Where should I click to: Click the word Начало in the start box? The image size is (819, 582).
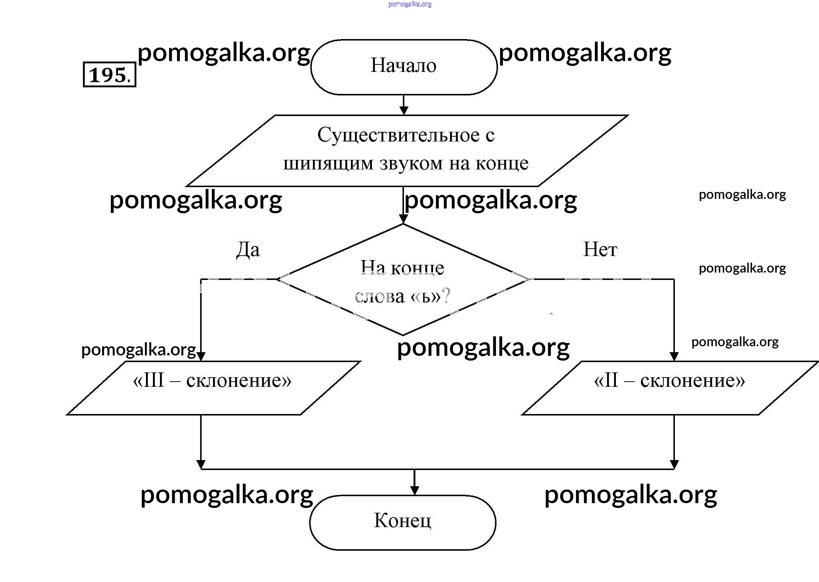[x=403, y=66]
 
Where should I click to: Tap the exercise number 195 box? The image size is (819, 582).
[x=109, y=75]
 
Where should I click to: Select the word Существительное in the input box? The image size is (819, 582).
[x=398, y=135]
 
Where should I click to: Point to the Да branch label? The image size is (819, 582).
[x=248, y=250]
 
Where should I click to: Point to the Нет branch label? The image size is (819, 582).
[x=600, y=249]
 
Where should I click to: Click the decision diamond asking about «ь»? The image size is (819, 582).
[x=402, y=280]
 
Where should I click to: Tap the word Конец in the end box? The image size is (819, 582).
[x=402, y=520]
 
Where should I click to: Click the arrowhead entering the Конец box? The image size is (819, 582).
[x=415, y=491]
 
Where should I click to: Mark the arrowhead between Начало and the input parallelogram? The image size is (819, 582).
[x=404, y=110]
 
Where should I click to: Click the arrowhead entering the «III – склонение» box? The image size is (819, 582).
[x=201, y=356]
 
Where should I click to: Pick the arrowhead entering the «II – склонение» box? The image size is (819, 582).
[x=674, y=356]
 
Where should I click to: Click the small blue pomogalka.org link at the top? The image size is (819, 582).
[x=410, y=4]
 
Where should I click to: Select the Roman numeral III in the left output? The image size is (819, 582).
[x=153, y=380]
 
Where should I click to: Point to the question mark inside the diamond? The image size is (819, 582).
[x=446, y=296]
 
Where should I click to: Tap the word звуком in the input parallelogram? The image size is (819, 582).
[x=411, y=164]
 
